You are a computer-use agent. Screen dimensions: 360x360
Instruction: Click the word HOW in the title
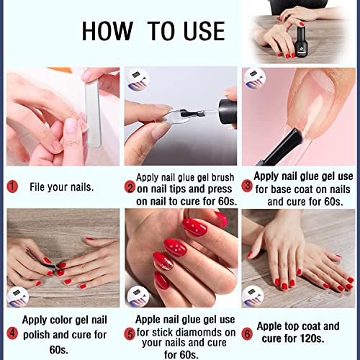coord(107,31)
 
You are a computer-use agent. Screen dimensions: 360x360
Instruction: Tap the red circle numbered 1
coord(12,186)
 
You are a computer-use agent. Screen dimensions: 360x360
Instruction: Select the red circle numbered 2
coord(130,187)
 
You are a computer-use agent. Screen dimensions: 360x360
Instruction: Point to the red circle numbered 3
coord(248,186)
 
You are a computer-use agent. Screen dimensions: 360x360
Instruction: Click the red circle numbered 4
coord(12,333)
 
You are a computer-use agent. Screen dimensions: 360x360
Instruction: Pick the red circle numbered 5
coord(130,333)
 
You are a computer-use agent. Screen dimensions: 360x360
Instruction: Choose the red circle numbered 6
coord(248,333)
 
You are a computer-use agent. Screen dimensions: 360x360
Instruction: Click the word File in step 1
coord(40,186)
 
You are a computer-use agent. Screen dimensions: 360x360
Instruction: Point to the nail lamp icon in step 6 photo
coord(253,297)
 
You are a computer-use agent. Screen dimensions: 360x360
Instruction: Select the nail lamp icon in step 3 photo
coord(253,77)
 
